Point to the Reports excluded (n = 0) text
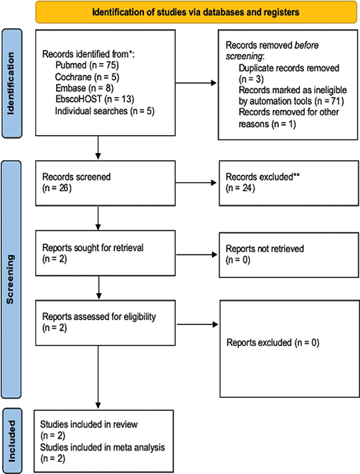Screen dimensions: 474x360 273,342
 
